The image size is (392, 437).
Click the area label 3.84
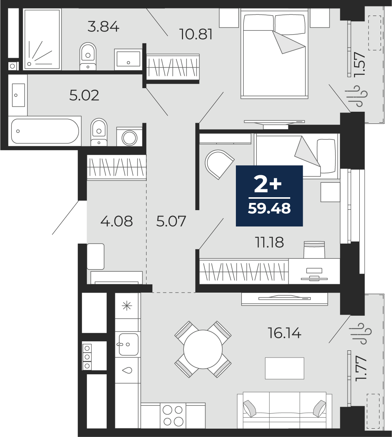click(x=103, y=27)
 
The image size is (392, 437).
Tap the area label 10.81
click(x=196, y=35)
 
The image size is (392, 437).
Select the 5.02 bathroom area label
click(x=84, y=95)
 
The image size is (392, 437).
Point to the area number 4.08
click(x=117, y=221)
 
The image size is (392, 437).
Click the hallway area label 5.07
click(x=171, y=221)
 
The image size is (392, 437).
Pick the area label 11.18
click(x=269, y=242)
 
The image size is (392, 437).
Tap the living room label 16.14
click(x=285, y=333)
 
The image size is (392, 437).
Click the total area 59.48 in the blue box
click(x=269, y=209)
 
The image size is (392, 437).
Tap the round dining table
click(x=203, y=349)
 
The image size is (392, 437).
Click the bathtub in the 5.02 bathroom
click(x=45, y=131)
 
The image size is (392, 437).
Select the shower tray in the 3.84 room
click(x=42, y=40)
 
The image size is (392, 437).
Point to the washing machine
click(x=130, y=137)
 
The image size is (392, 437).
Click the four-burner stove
click(x=173, y=415)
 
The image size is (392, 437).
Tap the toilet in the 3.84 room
click(x=88, y=55)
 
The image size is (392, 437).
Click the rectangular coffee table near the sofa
click(x=285, y=368)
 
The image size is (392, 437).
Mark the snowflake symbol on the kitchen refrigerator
click(x=126, y=306)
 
